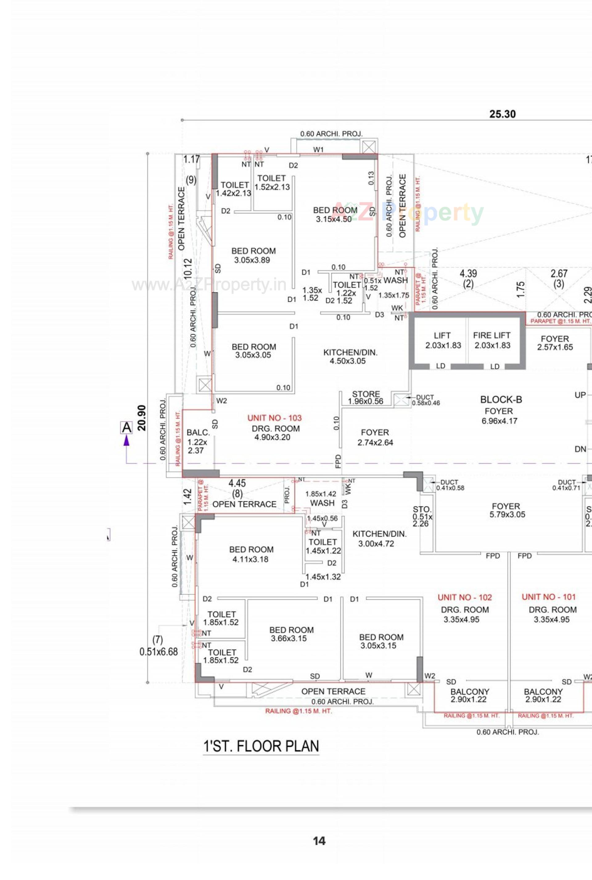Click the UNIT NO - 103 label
pyautogui.click(x=274, y=418)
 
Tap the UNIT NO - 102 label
pyautogui.click(x=465, y=597)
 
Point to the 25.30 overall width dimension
pyautogui.click(x=502, y=114)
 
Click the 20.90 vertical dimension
pyautogui.click(x=142, y=418)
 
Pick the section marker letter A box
pyautogui.click(x=126, y=428)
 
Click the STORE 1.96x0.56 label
pyautogui.click(x=365, y=397)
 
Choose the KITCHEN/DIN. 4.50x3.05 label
pyautogui.click(x=350, y=356)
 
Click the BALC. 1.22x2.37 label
pyautogui.click(x=197, y=441)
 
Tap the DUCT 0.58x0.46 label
pyautogui.click(x=425, y=400)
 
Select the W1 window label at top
pyautogui.click(x=318, y=150)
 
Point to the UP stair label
pyautogui.click(x=580, y=395)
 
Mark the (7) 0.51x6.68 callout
pyautogui.click(x=158, y=646)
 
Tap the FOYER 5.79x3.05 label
pyautogui.click(x=506, y=510)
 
